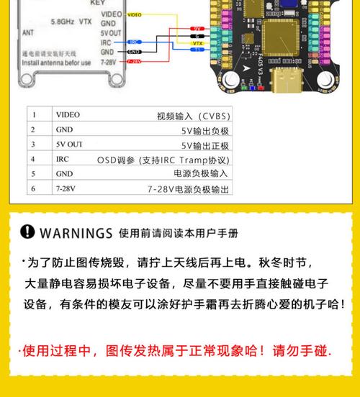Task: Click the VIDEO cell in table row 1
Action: click(68, 114)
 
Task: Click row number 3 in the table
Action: click(32, 144)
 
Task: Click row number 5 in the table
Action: click(32, 174)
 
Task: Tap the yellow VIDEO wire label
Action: click(134, 14)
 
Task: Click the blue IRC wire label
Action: click(134, 42)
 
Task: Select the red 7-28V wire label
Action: click(134, 61)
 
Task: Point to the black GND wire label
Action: click(134, 52)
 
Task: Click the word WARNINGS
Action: click(76, 234)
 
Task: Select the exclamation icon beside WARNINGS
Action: click(28, 233)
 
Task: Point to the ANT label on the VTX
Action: click(28, 32)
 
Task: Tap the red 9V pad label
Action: click(198, 27)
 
